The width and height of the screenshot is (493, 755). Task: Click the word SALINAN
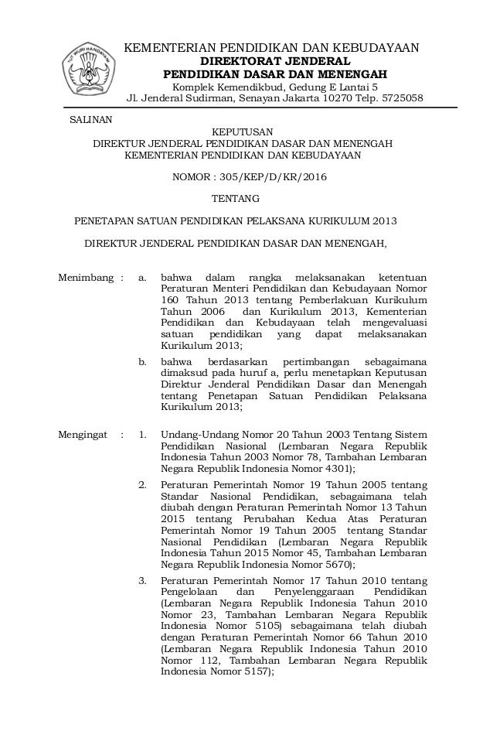pos(90,118)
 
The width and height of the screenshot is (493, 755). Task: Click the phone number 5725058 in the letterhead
pos(401,98)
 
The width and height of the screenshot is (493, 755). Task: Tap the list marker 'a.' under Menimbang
pos(142,277)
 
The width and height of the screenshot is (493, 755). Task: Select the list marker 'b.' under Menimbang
pos(142,361)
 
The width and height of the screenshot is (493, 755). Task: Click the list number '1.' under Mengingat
pos(142,435)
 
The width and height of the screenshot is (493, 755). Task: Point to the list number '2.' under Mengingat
pos(142,484)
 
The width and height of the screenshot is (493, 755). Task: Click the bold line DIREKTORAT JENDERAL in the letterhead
pos(275,61)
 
